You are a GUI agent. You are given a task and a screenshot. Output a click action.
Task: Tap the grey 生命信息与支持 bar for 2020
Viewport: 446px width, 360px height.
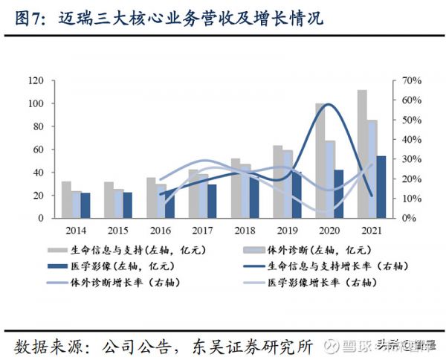[320, 161]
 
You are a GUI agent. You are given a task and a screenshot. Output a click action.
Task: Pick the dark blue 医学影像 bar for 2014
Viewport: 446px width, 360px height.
[85, 205]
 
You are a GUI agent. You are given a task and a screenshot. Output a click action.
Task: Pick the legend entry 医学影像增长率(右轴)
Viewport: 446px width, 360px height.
[316, 283]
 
